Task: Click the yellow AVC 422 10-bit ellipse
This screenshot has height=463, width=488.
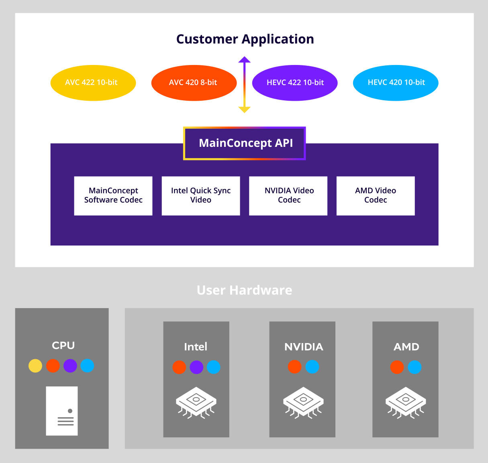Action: [93, 83]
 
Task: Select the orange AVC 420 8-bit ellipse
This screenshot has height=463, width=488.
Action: [194, 83]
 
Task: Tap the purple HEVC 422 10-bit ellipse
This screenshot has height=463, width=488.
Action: [295, 83]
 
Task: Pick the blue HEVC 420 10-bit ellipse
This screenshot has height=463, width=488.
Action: [396, 83]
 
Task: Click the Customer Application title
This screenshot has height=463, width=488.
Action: [245, 39]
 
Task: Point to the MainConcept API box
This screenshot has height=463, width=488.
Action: [245, 143]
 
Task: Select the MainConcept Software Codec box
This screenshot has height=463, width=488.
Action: [113, 196]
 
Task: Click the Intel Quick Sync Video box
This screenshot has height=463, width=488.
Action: [201, 196]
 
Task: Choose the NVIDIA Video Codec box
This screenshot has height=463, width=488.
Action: [288, 196]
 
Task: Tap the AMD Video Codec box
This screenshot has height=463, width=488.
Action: [376, 196]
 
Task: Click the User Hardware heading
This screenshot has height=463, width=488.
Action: [244, 290]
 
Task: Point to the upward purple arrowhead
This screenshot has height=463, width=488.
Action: [244, 60]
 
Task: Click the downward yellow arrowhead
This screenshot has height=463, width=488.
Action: [244, 110]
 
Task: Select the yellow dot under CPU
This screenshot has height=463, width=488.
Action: [35, 366]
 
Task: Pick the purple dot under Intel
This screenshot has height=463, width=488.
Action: [196, 367]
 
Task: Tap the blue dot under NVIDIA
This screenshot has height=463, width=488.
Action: [312, 367]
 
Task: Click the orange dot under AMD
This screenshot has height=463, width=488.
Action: [397, 367]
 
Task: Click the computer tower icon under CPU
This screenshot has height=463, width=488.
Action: [62, 411]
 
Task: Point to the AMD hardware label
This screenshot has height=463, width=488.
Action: [406, 347]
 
